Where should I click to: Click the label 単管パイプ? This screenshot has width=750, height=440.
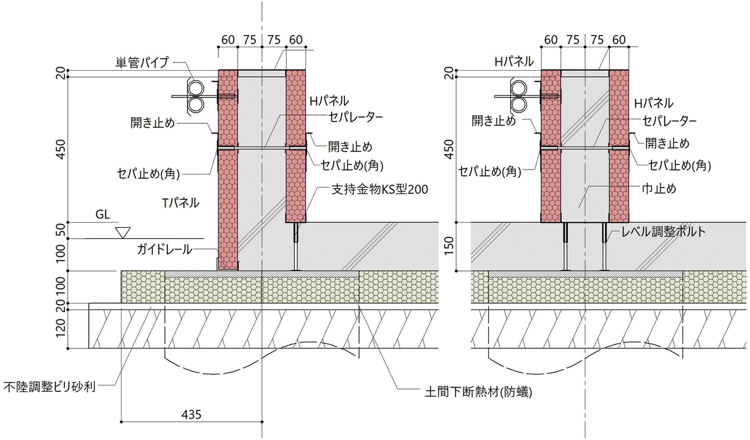(x=142, y=62)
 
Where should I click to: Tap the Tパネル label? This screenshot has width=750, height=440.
(x=180, y=203)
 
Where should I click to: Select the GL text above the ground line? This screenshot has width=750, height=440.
(x=102, y=214)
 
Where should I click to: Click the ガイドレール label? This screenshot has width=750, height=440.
(x=164, y=249)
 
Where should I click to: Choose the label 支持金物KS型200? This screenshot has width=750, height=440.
(x=379, y=189)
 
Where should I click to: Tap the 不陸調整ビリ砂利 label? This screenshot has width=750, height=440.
(x=49, y=387)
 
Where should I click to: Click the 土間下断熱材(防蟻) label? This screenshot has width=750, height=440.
(x=478, y=392)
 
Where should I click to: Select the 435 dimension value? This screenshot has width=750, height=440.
(x=191, y=414)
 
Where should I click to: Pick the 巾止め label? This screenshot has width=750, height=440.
(x=659, y=189)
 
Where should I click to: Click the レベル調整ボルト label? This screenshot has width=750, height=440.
(x=663, y=231)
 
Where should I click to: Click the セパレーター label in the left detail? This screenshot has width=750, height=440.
(x=355, y=117)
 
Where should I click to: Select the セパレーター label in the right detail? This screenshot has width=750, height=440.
(x=669, y=121)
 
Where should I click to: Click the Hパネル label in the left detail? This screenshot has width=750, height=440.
(x=329, y=100)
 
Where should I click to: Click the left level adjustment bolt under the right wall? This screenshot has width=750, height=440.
(x=565, y=246)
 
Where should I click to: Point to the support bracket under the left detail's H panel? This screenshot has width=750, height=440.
(x=296, y=246)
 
